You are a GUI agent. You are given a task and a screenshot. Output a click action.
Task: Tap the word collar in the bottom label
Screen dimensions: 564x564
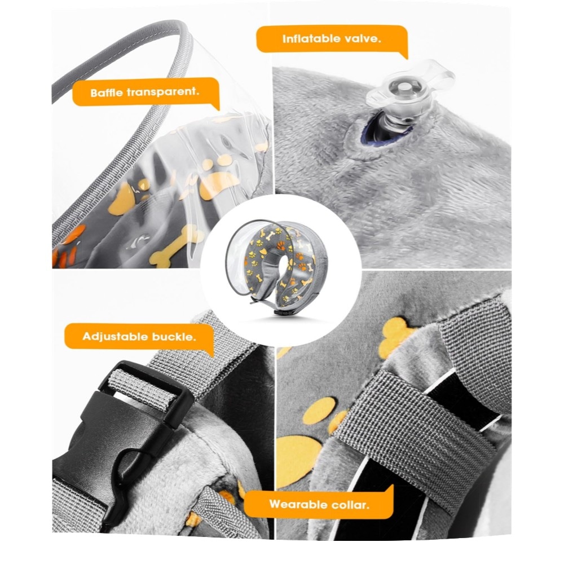point(350,504)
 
